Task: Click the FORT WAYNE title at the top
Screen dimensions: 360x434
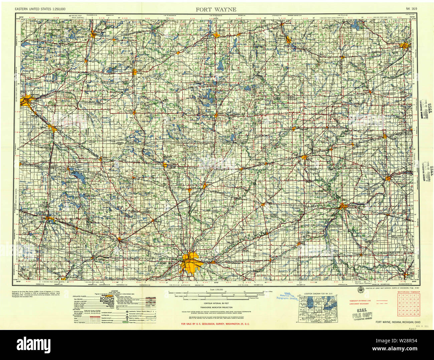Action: point(216,9)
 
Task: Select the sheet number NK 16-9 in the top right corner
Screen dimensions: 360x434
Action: point(411,9)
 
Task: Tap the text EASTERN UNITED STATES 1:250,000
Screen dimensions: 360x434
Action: point(40,9)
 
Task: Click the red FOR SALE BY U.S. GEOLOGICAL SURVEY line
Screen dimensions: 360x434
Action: point(215,324)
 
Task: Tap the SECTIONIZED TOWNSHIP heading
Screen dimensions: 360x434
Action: point(408,292)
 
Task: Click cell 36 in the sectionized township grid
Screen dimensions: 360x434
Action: point(417,314)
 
